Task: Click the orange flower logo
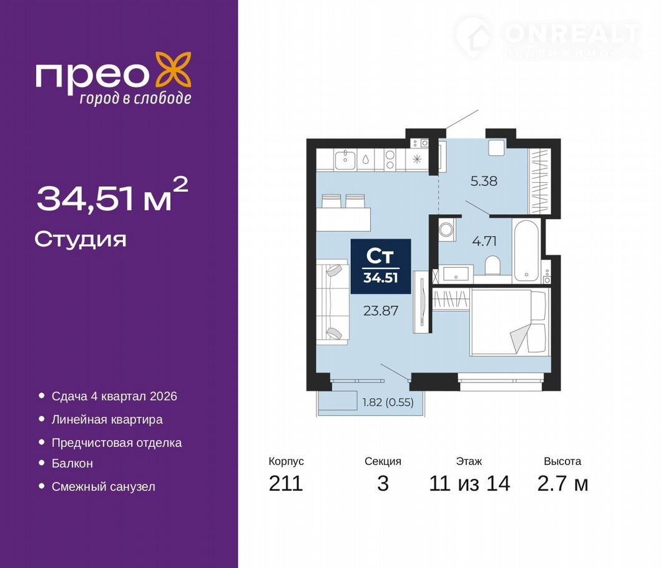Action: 174,71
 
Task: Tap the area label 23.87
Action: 381,311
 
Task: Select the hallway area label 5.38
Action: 484,181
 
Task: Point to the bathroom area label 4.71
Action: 484,241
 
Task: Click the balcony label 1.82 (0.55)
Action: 388,402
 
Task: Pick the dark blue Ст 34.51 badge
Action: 381,267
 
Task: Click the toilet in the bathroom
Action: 492,266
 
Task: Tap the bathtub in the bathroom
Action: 526,252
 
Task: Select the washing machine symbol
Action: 446,230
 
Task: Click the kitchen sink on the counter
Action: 345,159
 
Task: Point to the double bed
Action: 510,321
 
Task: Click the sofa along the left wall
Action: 333,302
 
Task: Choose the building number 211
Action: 286,483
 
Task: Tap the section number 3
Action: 383,483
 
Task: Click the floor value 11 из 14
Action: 469,483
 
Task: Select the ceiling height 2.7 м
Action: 563,483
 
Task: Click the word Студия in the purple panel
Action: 80,240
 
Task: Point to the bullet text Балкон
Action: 72,463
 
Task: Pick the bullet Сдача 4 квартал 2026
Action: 114,396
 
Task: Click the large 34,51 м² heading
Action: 112,195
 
